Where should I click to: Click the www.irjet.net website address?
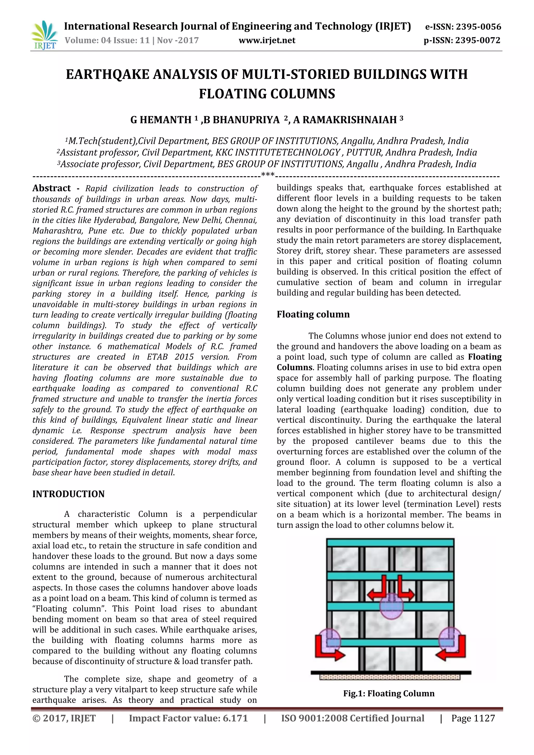pos(267,40)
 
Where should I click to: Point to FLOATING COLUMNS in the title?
pos(267,94)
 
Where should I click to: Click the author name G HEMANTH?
pos(161,120)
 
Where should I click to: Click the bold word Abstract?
pos(51,188)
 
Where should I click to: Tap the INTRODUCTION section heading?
pos(68,494)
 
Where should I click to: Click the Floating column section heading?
pos(313,314)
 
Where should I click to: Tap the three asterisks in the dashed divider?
pos(268,175)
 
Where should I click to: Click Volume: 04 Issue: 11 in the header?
pos(107,40)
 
